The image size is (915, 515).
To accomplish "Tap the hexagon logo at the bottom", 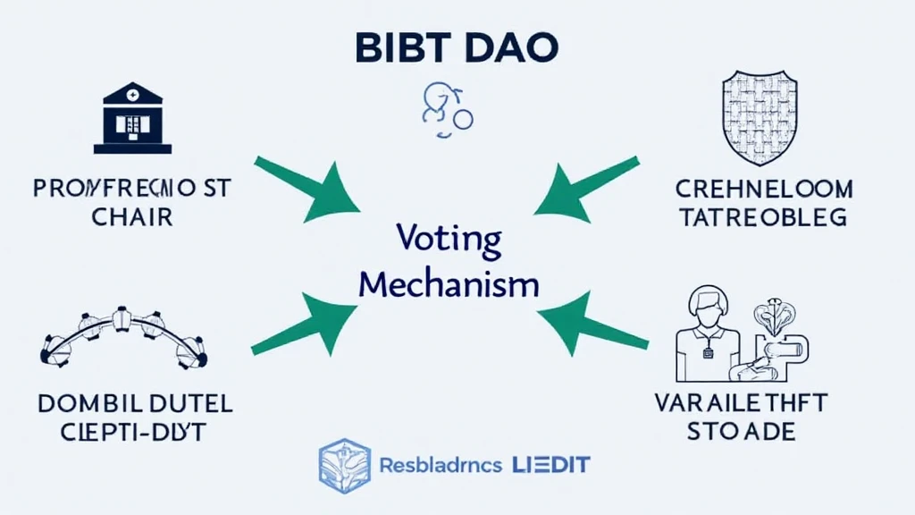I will (x=345, y=465).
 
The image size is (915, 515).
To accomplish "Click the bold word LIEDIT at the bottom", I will (x=552, y=465).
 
